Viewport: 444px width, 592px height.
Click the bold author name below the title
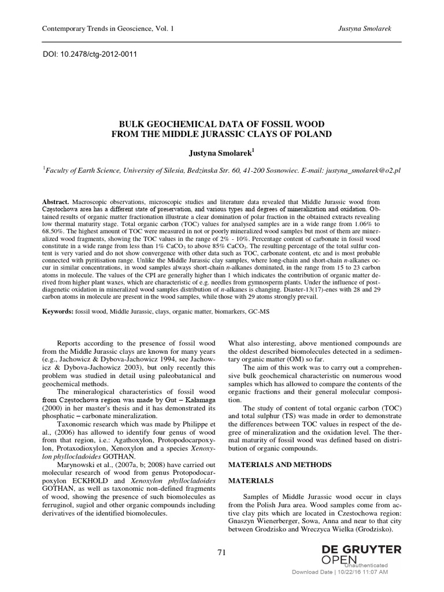point(221,151)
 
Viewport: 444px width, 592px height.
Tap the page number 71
point(221,552)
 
